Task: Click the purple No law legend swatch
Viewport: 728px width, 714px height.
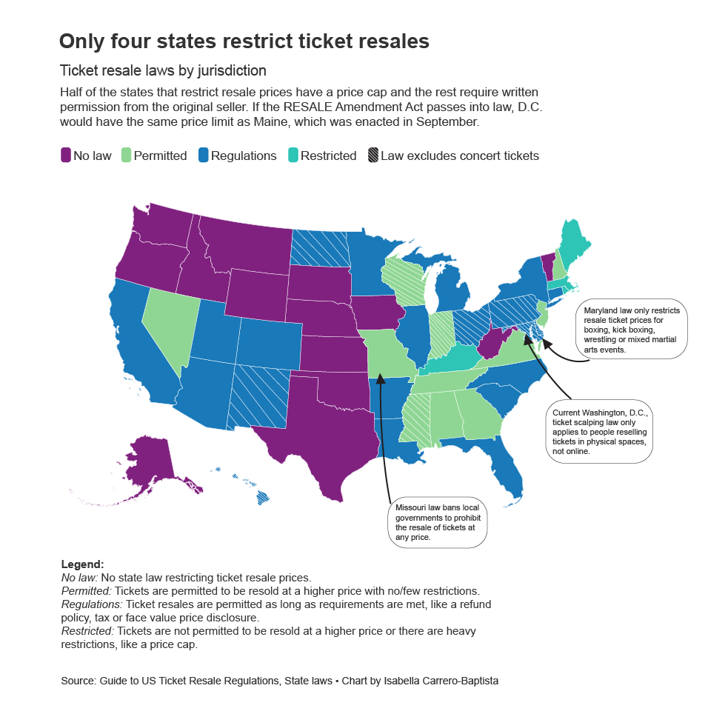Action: (66, 156)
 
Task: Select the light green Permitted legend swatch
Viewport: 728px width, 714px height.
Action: (126, 156)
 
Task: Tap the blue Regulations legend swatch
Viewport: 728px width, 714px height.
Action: (203, 156)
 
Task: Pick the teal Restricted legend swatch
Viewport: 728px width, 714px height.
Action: (293, 156)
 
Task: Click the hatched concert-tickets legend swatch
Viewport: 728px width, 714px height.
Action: (373, 156)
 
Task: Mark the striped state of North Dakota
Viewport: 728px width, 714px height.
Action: (319, 247)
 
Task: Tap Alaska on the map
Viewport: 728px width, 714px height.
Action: (148, 463)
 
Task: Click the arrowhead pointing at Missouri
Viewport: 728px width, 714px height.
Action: (380, 378)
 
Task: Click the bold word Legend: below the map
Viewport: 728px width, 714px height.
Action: (82, 564)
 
